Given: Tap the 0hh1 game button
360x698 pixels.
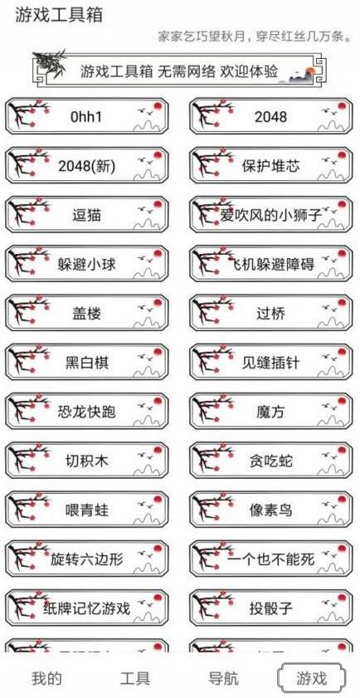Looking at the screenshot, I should pyautogui.click(x=87, y=117).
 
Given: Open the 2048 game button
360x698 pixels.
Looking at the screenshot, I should pyautogui.click(x=271, y=117).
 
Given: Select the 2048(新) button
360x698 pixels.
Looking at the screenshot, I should pyautogui.click(x=87, y=166).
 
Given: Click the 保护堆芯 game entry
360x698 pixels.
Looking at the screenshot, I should pyautogui.click(x=271, y=166).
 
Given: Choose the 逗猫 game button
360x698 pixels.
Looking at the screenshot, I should pyautogui.click(x=87, y=215).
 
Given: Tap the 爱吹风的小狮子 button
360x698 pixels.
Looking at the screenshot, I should pyautogui.click(x=271, y=215).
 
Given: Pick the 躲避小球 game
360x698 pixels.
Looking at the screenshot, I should pyautogui.click(x=87, y=265).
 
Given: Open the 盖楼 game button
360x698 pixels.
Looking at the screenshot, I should pyautogui.click(x=87, y=314).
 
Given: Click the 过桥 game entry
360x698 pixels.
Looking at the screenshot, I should pyautogui.click(x=271, y=314).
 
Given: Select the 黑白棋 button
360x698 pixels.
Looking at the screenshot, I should pyautogui.click(x=87, y=363).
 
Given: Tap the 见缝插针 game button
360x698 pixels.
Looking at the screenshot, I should pyautogui.click(x=271, y=363).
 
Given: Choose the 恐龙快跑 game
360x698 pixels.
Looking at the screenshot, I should pyautogui.click(x=87, y=412).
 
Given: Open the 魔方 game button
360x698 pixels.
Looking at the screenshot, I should pyautogui.click(x=271, y=412).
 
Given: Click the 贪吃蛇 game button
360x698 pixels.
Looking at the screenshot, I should pyautogui.click(x=271, y=461).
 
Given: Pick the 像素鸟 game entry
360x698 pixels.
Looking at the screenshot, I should pyautogui.click(x=271, y=510).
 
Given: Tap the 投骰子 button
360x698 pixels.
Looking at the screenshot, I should pyautogui.click(x=271, y=608).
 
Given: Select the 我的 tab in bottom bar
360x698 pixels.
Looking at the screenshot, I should pyautogui.click(x=46, y=678).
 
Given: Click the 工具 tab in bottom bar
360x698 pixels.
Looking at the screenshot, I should pyautogui.click(x=135, y=678).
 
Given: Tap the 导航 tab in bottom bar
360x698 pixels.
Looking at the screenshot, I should pyautogui.click(x=224, y=678).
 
